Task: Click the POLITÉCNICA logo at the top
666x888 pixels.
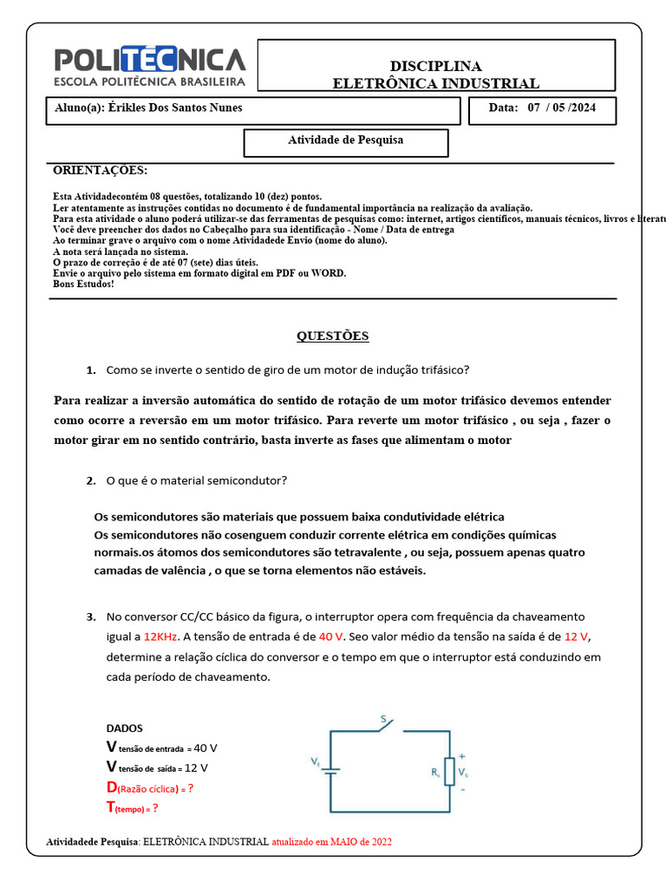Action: (150, 66)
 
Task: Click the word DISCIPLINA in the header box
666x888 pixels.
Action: (435, 66)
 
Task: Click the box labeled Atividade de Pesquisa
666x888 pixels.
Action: (345, 140)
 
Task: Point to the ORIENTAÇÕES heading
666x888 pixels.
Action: (101, 170)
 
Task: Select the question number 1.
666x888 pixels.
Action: (91, 369)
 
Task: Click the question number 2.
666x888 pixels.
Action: (91, 480)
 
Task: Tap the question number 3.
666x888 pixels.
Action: (91, 617)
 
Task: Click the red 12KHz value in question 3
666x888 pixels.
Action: (161, 637)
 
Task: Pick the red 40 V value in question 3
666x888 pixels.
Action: (331, 637)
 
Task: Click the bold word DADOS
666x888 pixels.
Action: (125, 728)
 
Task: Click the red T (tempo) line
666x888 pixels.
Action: (132, 807)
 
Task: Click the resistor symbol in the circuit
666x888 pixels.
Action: (449, 769)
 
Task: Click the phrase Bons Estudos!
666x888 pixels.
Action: (83, 284)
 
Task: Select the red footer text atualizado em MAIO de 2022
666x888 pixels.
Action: (337, 842)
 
